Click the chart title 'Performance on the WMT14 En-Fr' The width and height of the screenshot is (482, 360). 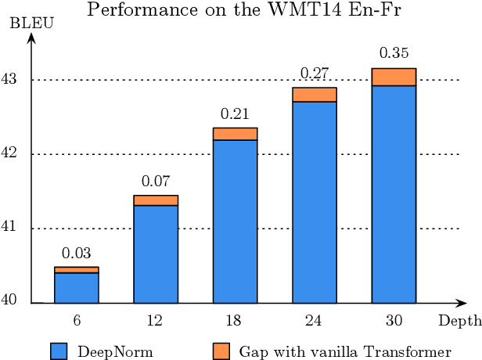pyautogui.click(x=241, y=10)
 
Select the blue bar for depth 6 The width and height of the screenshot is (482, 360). pyautogui.click(x=77, y=288)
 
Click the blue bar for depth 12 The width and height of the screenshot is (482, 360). pyautogui.click(x=156, y=254)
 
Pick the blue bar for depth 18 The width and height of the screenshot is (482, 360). pyautogui.click(x=235, y=221)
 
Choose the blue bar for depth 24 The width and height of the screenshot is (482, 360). pyautogui.click(x=315, y=203)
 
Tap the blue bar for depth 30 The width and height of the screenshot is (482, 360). pyautogui.click(x=394, y=194)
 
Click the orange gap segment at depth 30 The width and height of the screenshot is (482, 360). pyautogui.click(x=394, y=77)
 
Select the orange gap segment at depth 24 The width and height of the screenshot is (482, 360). pyautogui.click(x=315, y=95)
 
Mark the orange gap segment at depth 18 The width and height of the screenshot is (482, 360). pyautogui.click(x=235, y=134)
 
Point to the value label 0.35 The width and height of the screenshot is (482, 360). pyautogui.click(x=394, y=54)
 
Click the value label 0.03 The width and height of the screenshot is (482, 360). pyautogui.click(x=77, y=253)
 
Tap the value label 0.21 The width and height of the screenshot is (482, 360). pyautogui.click(x=235, y=113)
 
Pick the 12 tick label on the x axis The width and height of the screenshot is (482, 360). pyautogui.click(x=156, y=321)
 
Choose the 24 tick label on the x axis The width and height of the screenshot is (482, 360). pyautogui.click(x=315, y=321)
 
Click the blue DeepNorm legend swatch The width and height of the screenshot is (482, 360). pyautogui.click(x=59, y=351)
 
